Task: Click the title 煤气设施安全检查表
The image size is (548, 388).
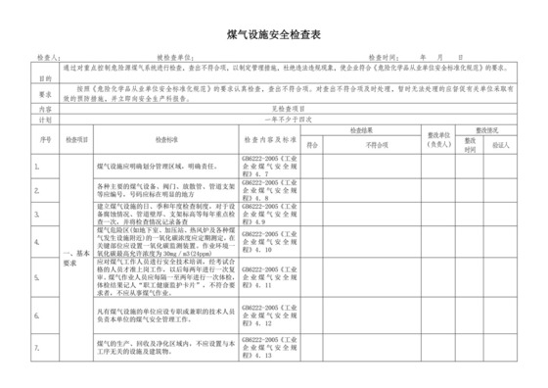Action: (274, 35)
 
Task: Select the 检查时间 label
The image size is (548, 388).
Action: (387, 59)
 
